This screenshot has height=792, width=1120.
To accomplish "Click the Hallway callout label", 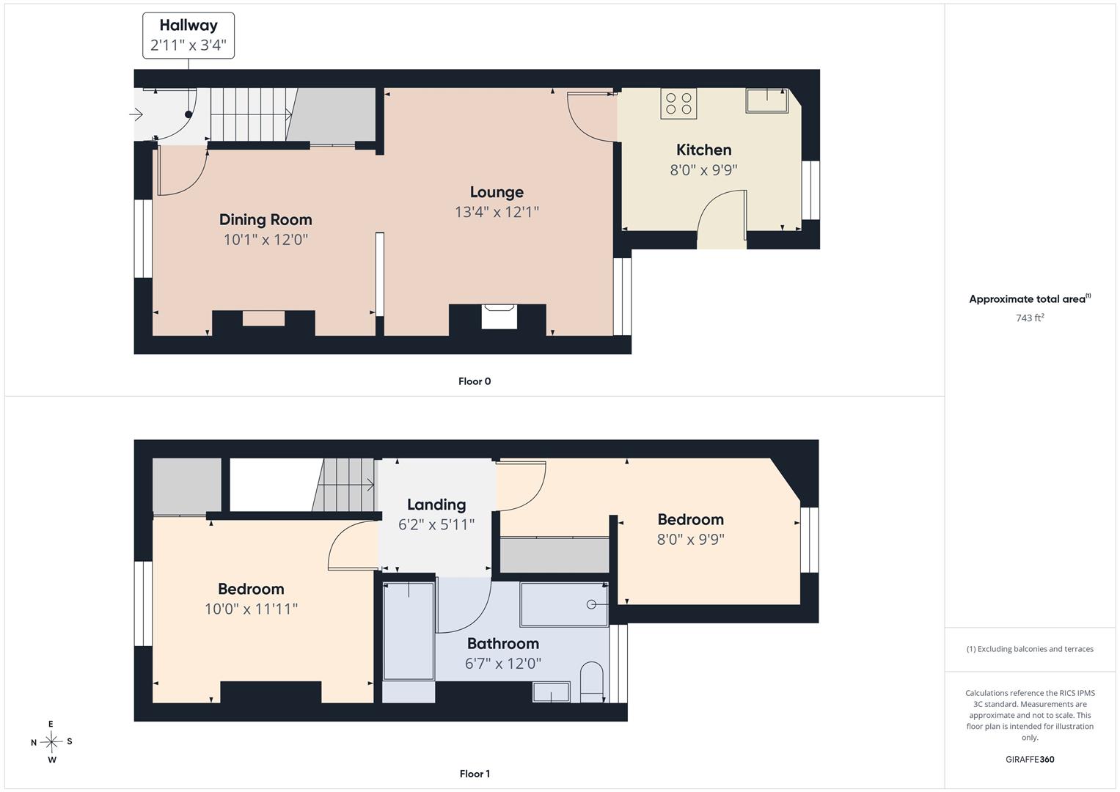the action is pyautogui.click(x=189, y=35).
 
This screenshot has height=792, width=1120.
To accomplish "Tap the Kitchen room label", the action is pyautogui.click(x=703, y=150).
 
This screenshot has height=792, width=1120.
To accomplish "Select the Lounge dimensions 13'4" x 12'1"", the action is pyautogui.click(x=497, y=212).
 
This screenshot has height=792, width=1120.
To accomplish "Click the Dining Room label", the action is pyautogui.click(x=266, y=219).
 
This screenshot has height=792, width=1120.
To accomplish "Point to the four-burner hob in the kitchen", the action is pyautogui.click(x=678, y=103).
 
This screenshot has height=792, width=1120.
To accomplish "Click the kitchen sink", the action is pyautogui.click(x=766, y=100).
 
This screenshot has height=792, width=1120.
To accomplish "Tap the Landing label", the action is pyautogui.click(x=436, y=505).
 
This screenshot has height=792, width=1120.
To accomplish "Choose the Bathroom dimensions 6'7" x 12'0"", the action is pyautogui.click(x=503, y=664).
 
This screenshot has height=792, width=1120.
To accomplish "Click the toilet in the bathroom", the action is pyautogui.click(x=592, y=683).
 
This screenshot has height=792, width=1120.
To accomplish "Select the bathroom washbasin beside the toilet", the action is pyautogui.click(x=552, y=692).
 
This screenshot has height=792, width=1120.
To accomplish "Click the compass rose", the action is pyautogui.click(x=51, y=741).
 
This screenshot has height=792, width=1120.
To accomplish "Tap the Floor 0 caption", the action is pyautogui.click(x=475, y=381).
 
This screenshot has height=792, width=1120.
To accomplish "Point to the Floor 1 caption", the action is pyautogui.click(x=475, y=774).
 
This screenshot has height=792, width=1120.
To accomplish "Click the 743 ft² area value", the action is pyautogui.click(x=1030, y=318).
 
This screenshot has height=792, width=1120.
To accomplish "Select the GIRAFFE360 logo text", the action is pyautogui.click(x=1030, y=760).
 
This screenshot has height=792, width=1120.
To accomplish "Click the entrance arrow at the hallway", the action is pyautogui.click(x=136, y=114).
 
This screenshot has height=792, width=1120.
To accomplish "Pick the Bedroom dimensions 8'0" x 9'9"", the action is pyautogui.click(x=690, y=540).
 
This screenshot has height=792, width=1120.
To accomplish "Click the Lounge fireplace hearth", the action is pyautogui.click(x=499, y=317).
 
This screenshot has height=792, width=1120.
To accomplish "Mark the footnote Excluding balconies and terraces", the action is pyautogui.click(x=1030, y=649).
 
